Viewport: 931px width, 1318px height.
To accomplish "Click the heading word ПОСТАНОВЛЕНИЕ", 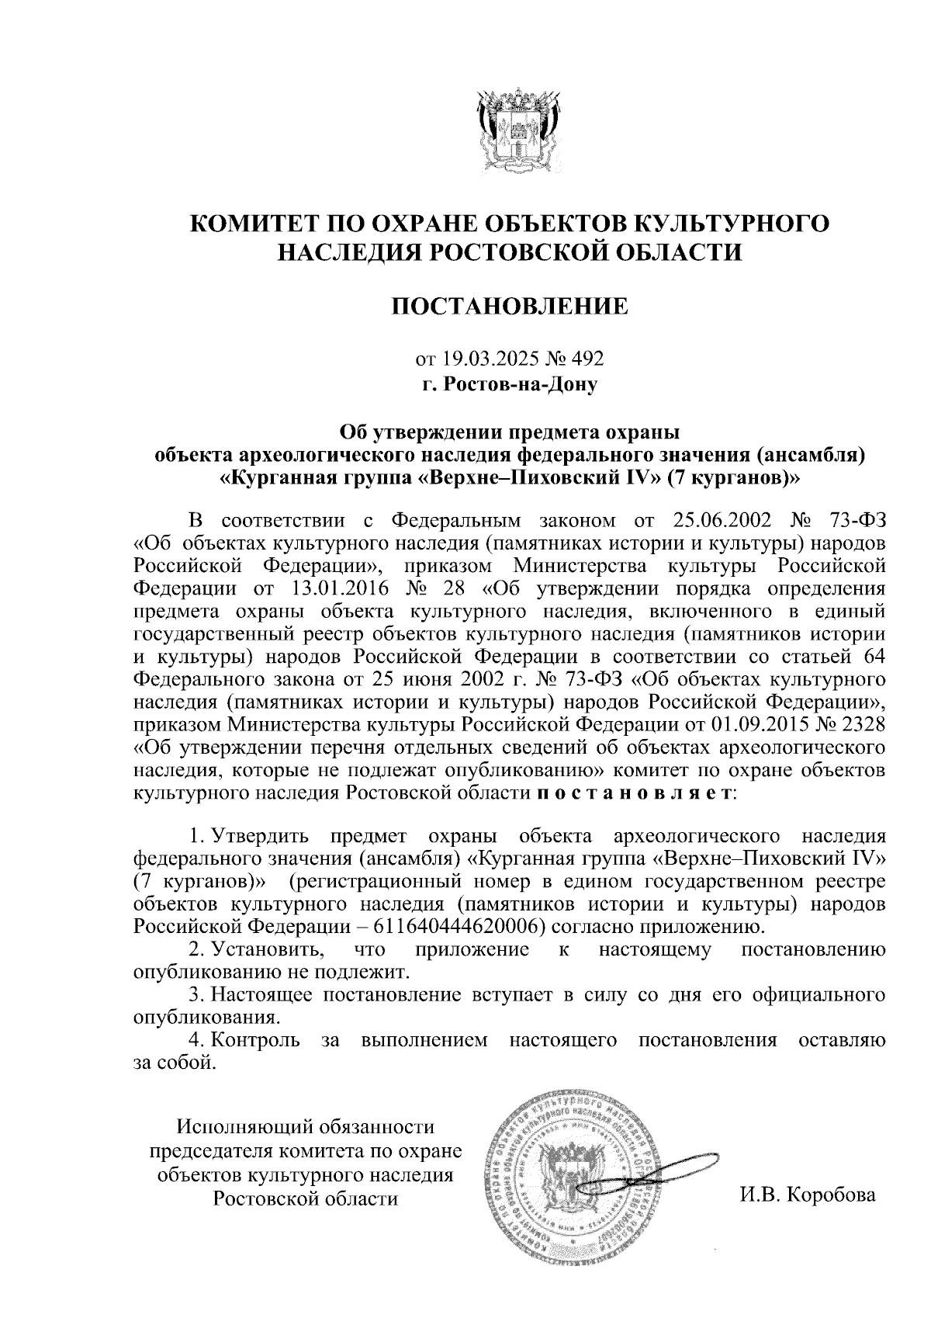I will pos(509,307).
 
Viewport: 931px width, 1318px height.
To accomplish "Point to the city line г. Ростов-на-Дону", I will pos(509,383).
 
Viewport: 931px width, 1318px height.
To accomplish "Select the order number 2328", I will pos(860,723).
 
